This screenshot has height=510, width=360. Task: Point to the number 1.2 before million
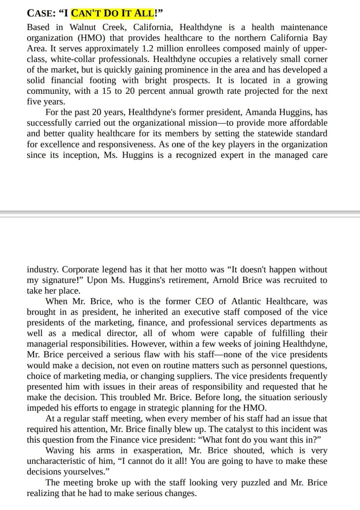[148, 49]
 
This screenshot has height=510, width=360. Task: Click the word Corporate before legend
[80, 270]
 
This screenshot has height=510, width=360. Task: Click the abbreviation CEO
[204, 302]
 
